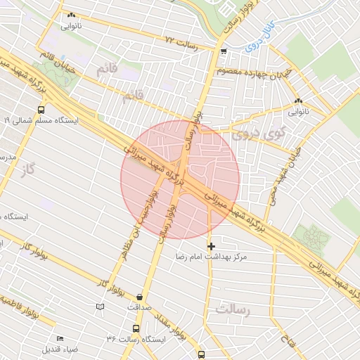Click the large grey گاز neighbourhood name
click(28, 168)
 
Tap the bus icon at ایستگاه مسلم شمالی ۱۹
click(41, 110)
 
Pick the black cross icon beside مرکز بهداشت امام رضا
click(211, 246)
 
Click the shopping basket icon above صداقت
click(140, 297)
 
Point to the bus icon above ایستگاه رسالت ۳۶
click(136, 328)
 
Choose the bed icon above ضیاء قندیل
click(60, 338)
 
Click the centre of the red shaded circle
click(180, 180)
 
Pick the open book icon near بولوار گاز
click(99, 307)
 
